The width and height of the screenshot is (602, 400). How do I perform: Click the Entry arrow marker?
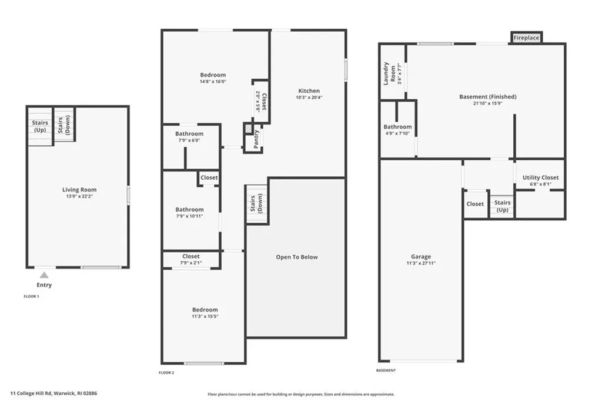coord(44,275)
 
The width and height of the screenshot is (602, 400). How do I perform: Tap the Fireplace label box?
coord(526,38)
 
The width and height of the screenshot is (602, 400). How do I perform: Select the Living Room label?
coord(79,190)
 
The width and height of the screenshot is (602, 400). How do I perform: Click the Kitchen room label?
coord(309,91)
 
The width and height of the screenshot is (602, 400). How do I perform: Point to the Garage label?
coord(421,257)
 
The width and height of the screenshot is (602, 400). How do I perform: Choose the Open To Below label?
coord(297,257)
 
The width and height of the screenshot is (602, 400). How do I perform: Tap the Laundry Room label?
coord(389,73)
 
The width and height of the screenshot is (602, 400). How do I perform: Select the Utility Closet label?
coord(540,177)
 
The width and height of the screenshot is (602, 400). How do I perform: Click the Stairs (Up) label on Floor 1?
coord(40,126)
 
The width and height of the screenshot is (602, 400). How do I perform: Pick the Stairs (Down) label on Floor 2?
coord(257,204)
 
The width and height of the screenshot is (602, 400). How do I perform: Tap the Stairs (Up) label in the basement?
coord(503,206)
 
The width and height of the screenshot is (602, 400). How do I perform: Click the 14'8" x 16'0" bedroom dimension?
coord(213,82)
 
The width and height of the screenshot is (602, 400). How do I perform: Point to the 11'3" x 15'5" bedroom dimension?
coord(205,317)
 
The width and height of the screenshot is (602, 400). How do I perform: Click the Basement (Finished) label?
coord(487,96)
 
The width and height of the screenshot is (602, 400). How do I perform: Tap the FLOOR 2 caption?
coord(166,372)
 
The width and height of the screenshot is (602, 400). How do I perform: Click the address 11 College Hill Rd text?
coord(53,394)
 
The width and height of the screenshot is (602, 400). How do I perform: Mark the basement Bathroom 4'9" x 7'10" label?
coord(397,130)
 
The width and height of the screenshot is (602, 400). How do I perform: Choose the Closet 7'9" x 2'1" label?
coord(190,259)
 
